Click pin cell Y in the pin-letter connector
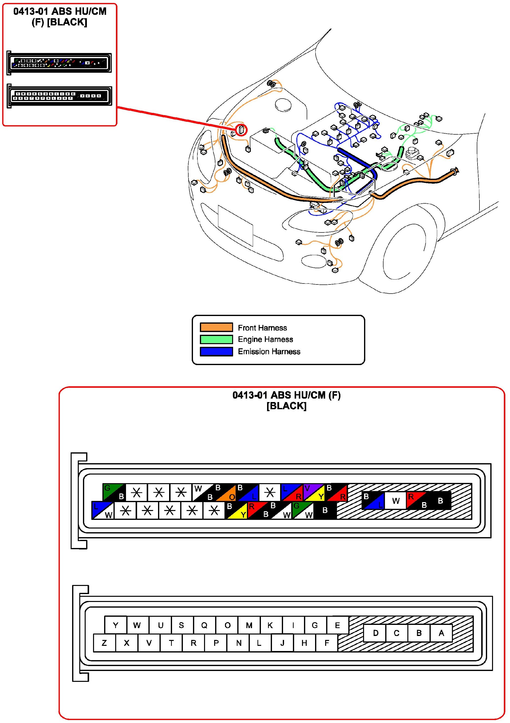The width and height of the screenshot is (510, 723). [115, 625]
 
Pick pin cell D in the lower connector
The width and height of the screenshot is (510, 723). [375, 633]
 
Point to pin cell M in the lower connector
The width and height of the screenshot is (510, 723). [249, 625]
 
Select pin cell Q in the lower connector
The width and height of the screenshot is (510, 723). [204, 625]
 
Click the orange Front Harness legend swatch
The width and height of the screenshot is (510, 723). [216, 327]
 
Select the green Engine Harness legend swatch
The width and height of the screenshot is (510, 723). [216, 339]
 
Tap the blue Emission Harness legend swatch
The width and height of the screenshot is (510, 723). [216, 352]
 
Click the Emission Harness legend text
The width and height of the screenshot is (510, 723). [269, 352]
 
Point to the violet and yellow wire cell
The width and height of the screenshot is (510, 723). [314, 492]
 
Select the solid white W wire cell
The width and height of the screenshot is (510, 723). [396, 500]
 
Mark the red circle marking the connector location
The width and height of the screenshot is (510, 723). [241, 130]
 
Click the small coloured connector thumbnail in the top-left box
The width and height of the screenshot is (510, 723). [59, 63]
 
